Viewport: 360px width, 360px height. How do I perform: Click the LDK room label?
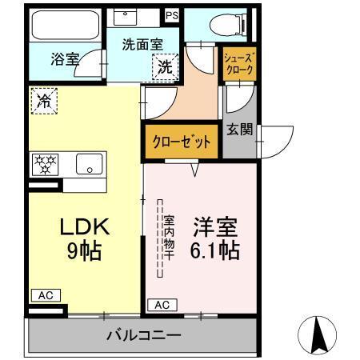pyautogui.click(x=82, y=227)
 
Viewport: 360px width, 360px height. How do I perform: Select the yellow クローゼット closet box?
pyautogui.click(x=182, y=142)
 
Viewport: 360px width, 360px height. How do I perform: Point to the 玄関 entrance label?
pyautogui.click(x=239, y=129)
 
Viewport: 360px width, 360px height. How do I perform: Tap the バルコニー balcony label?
pyautogui.click(x=144, y=335)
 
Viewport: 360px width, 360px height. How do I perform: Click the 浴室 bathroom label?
pyautogui.click(x=65, y=58)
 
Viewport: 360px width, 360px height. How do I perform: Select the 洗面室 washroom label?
pyautogui.click(x=142, y=46)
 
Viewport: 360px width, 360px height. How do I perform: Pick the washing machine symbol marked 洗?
pyautogui.click(x=164, y=67)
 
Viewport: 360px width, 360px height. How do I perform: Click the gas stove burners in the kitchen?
pyautogui.click(x=45, y=165)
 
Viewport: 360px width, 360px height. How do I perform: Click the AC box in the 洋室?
pyautogui.click(x=162, y=304)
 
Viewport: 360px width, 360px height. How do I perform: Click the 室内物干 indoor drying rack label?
pyautogui.click(x=170, y=236)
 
